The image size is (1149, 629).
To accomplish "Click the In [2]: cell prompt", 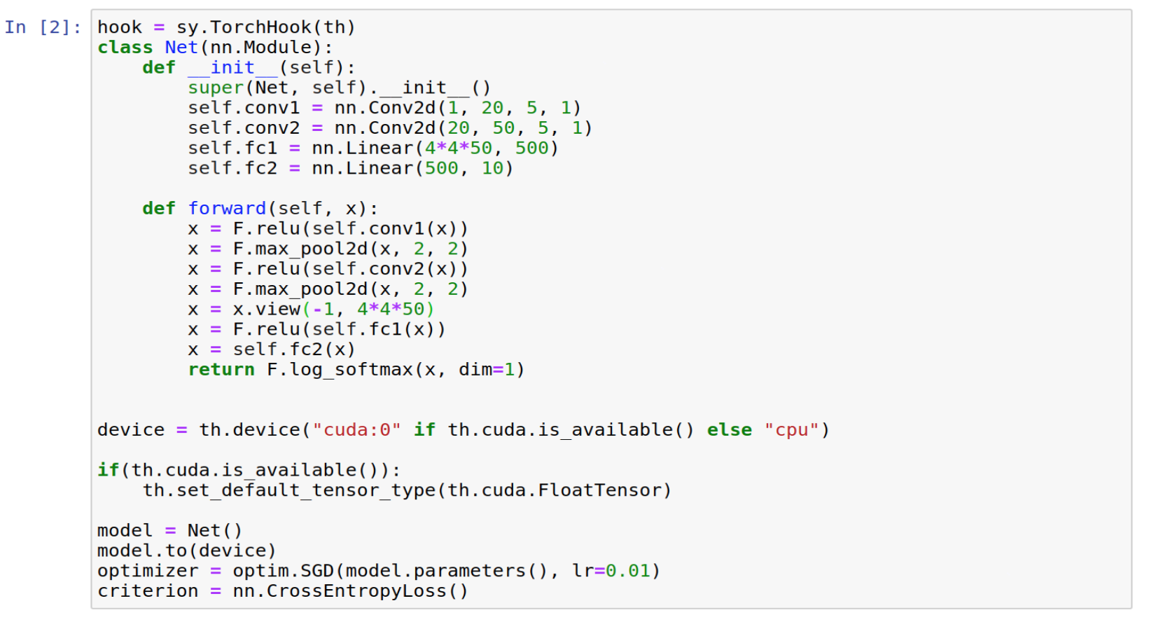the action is pyautogui.click(x=43, y=27).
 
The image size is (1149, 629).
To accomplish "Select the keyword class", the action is pyautogui.click(x=125, y=47).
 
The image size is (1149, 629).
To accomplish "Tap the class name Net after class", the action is pyautogui.click(x=181, y=47).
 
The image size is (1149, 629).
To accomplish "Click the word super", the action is pyautogui.click(x=216, y=88).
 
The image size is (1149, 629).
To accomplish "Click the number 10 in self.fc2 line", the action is pyautogui.click(x=492, y=168).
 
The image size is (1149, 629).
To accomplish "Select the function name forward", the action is pyautogui.click(x=227, y=208).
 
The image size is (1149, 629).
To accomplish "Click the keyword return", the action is pyautogui.click(x=221, y=369).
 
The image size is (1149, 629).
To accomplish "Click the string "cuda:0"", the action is pyautogui.click(x=356, y=430).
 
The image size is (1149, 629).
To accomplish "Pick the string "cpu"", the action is pyautogui.click(x=791, y=430).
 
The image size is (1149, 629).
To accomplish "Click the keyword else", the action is pyautogui.click(x=730, y=430).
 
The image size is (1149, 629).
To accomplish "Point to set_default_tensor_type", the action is pyautogui.click(x=306, y=490).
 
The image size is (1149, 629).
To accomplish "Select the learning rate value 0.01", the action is pyautogui.click(x=628, y=571).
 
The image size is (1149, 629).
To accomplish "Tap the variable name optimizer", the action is pyautogui.click(x=148, y=571).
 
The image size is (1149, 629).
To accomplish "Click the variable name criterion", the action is pyautogui.click(x=148, y=591).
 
